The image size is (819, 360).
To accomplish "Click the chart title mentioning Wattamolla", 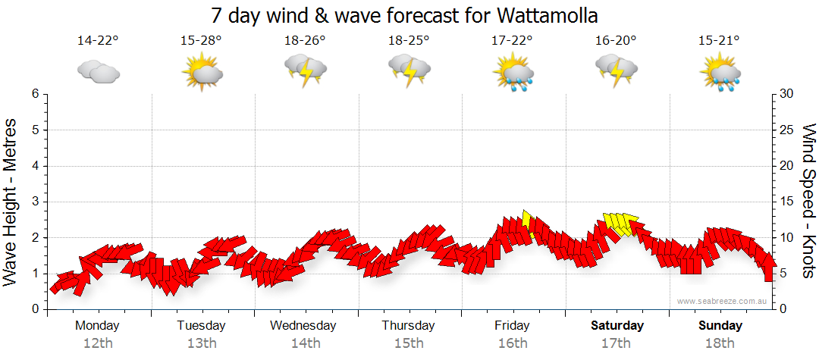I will [409, 15].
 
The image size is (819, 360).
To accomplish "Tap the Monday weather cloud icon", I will [99, 72].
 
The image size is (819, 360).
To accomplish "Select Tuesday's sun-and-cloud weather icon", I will [202, 73].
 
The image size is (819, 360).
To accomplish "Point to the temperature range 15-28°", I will [201, 41].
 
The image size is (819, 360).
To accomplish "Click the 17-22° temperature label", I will [512, 41].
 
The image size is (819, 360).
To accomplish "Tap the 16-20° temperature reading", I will [615, 41].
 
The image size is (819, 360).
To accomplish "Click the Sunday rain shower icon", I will [720, 73].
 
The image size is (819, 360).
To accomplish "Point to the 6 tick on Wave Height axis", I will [35, 94].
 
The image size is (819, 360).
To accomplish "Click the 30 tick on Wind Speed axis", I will [787, 94].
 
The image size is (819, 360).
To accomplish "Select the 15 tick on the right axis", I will [787, 202].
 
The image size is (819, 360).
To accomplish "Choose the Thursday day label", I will [408, 326].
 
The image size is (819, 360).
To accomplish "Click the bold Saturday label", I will [617, 326].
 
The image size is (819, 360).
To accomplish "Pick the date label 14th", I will [305, 343].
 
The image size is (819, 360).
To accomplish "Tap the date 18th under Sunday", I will [720, 343].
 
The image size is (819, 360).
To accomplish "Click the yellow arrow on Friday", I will [529, 223].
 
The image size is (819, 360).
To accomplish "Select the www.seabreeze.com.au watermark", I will [723, 301].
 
